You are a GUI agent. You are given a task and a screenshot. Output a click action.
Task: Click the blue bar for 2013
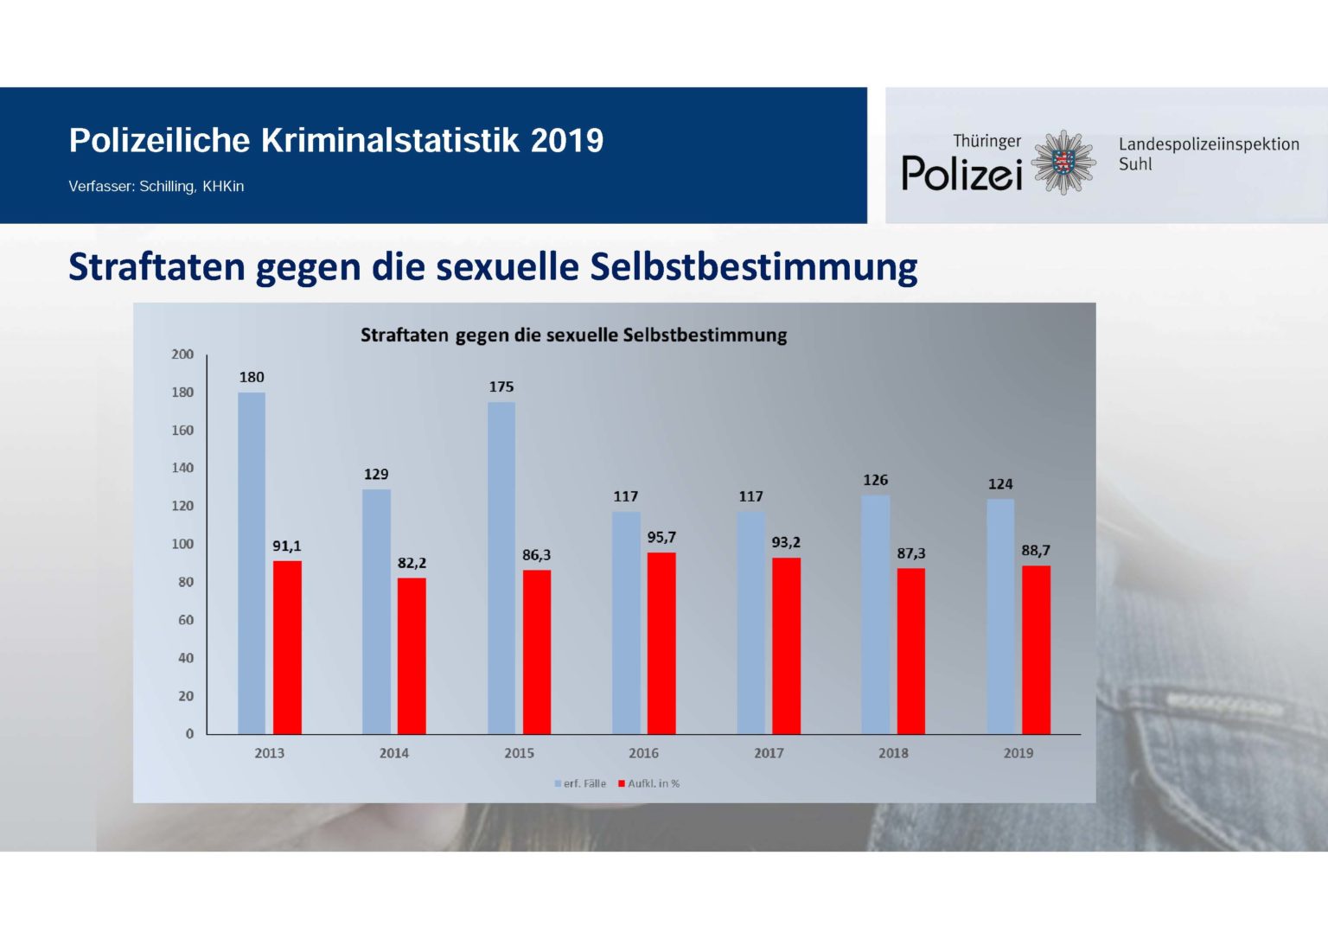252,563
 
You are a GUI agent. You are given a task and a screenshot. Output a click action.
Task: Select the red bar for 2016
661,643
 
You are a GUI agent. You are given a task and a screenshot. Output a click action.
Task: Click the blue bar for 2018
875,614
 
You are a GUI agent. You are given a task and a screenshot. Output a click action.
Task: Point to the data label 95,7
661,537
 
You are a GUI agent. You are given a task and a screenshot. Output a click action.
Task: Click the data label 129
376,474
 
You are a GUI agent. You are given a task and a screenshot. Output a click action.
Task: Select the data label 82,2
412,563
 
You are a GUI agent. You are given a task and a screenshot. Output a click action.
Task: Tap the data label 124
1000,484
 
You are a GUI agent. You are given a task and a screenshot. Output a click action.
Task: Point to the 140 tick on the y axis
182,468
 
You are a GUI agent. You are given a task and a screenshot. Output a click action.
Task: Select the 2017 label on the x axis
769,753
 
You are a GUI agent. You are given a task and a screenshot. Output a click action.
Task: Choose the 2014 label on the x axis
393,753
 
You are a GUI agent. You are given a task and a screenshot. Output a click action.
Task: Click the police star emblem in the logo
1064,162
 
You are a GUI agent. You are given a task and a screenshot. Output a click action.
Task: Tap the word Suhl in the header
1134,164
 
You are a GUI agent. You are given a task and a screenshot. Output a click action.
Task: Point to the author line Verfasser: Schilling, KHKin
156,186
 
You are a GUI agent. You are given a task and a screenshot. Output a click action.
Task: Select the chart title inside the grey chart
573,335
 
